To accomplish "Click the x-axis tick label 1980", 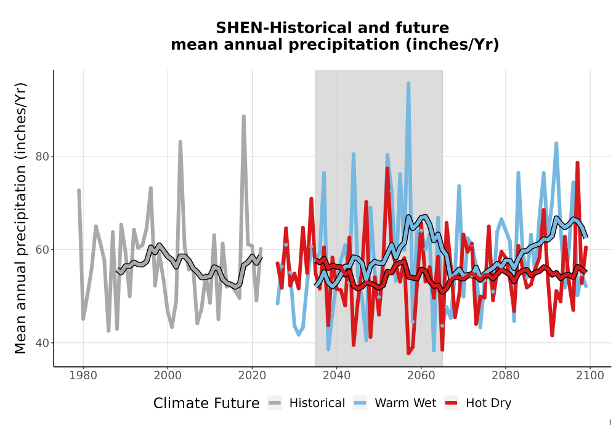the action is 83,375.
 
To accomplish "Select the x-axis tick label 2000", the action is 168,375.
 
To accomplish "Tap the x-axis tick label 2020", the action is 252,375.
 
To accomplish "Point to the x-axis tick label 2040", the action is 336,375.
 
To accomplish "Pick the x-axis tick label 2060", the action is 421,375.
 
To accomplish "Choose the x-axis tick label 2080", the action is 505,375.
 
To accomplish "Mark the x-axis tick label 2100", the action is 590,375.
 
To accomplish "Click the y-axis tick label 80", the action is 43,156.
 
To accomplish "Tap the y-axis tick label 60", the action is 43,249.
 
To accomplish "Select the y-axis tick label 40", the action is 43,343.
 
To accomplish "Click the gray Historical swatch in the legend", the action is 275,403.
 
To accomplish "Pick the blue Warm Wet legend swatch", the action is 360,403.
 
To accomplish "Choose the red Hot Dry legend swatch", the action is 452,403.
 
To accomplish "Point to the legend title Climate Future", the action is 206,403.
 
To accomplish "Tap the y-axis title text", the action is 20,218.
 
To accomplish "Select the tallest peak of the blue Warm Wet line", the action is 408,83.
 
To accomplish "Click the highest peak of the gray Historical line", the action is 243,116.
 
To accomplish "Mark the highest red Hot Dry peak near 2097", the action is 578,163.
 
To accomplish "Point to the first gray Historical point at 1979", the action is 79,190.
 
